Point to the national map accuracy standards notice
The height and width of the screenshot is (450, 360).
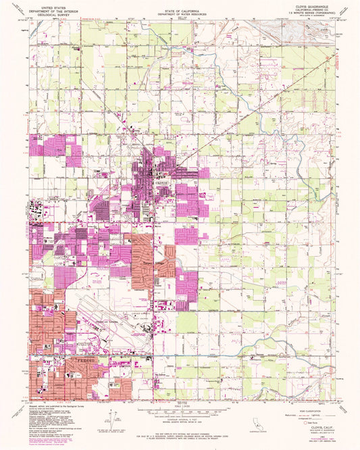tap(180, 430)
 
